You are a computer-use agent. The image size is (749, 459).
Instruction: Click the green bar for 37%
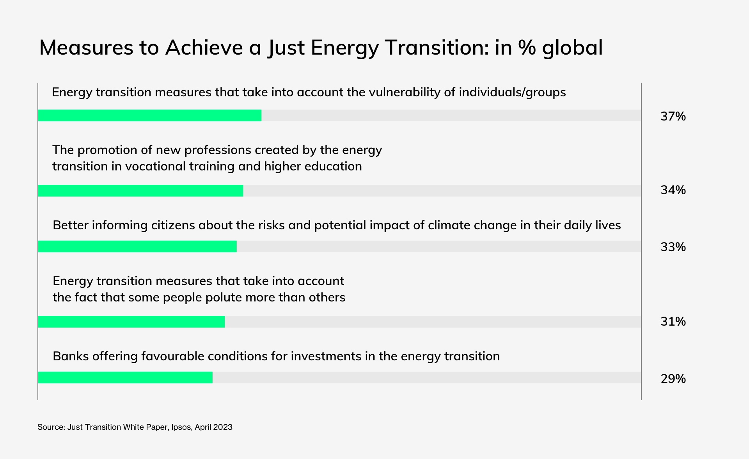pos(150,115)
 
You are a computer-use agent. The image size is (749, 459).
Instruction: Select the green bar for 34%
pos(141,191)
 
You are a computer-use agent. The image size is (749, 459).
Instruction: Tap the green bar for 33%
pos(137,246)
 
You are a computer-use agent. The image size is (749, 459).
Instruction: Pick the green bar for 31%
pos(131,322)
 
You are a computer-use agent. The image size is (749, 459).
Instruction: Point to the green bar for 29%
pos(125,377)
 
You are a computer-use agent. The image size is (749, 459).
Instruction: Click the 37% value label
pos(673,116)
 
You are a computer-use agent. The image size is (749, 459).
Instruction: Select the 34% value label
pos(673,190)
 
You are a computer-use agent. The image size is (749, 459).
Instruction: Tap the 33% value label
pos(673,247)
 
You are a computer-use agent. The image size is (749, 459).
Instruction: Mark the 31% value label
pos(673,321)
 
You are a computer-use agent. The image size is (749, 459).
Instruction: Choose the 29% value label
pos(673,379)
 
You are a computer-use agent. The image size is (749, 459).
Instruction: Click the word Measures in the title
pos(86,48)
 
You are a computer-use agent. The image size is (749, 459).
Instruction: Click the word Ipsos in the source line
pos(181,427)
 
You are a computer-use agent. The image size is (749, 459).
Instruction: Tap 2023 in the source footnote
pos(223,427)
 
